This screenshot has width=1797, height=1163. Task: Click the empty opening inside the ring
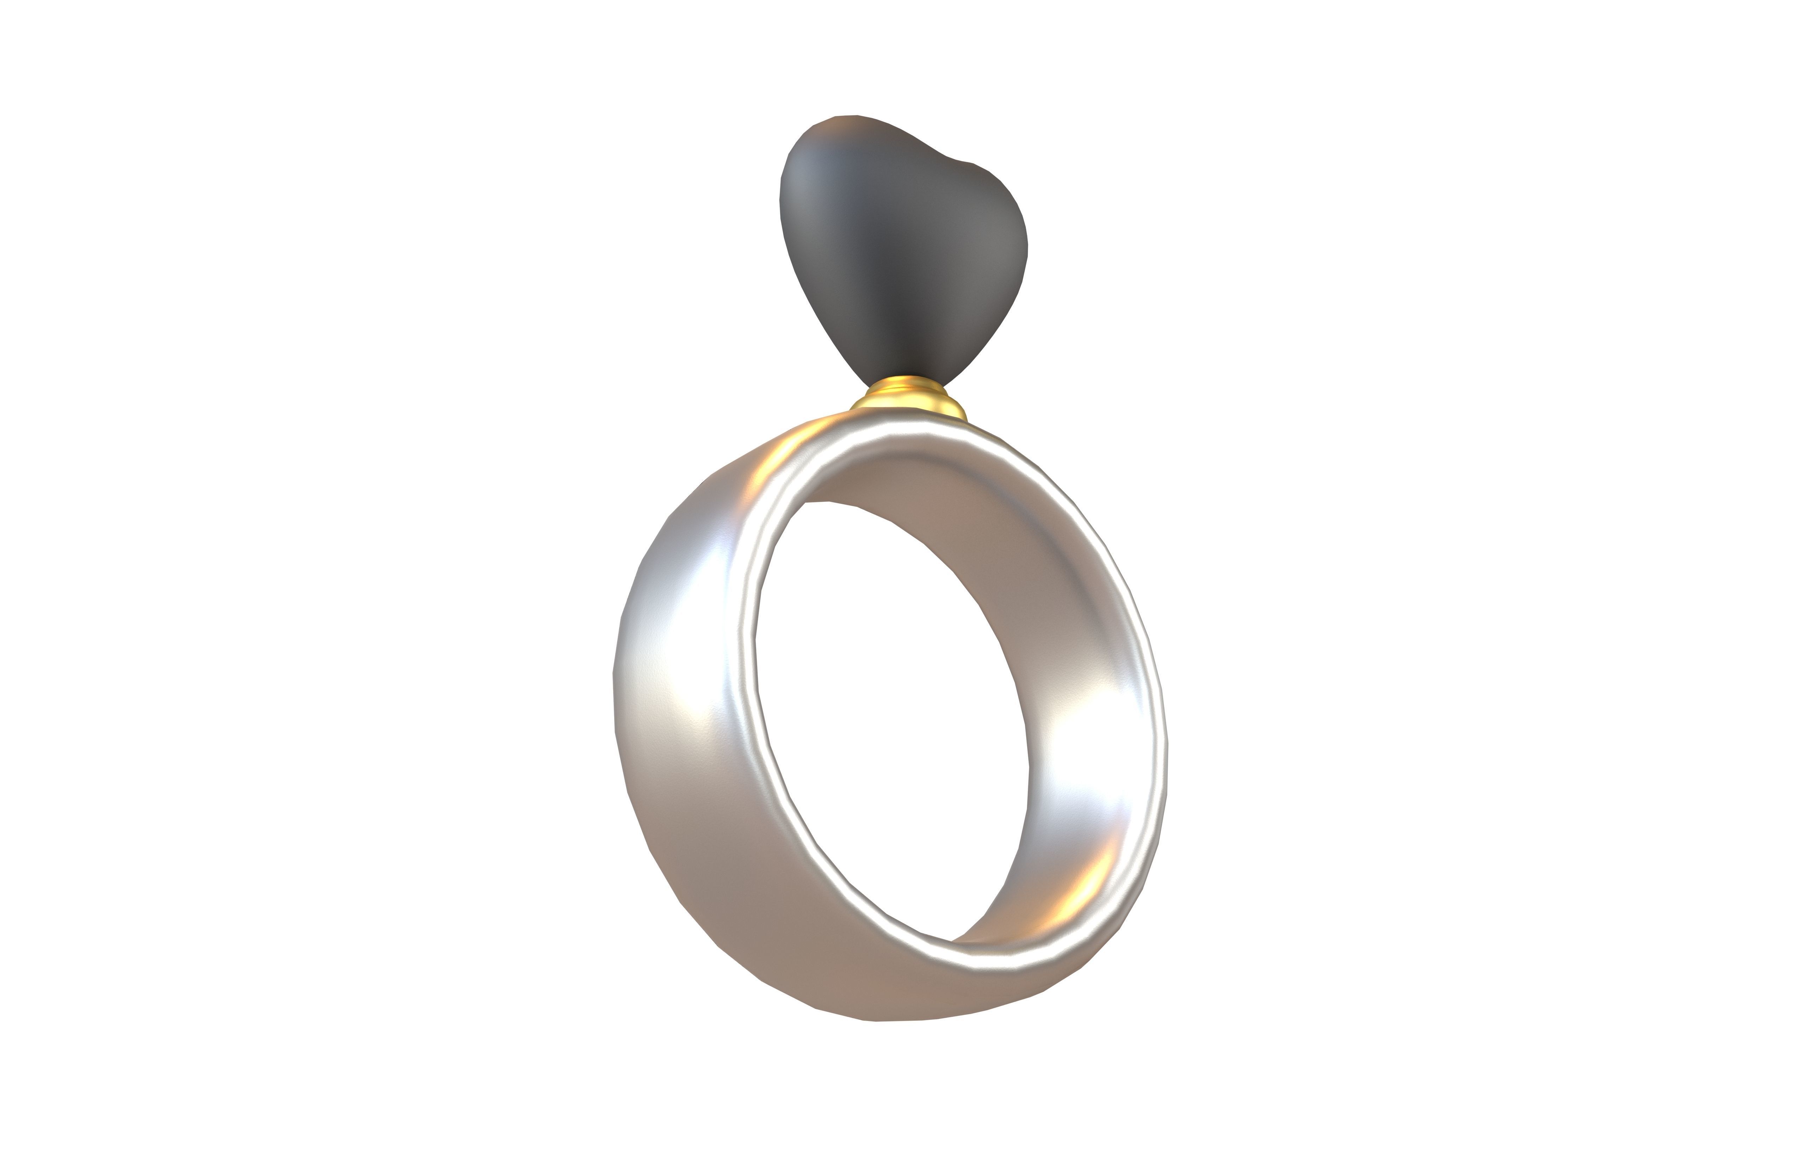(x=891, y=718)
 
